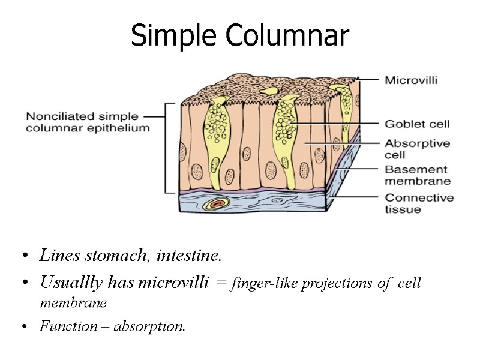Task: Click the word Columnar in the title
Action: (x=287, y=37)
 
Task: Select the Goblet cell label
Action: (x=417, y=124)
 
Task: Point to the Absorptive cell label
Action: (x=417, y=148)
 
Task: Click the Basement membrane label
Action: (x=417, y=175)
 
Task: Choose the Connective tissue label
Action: (x=419, y=203)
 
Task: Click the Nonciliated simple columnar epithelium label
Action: (x=88, y=122)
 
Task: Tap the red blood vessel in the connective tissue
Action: (x=215, y=205)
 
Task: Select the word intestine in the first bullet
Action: (x=189, y=256)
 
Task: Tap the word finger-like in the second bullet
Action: (x=259, y=283)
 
